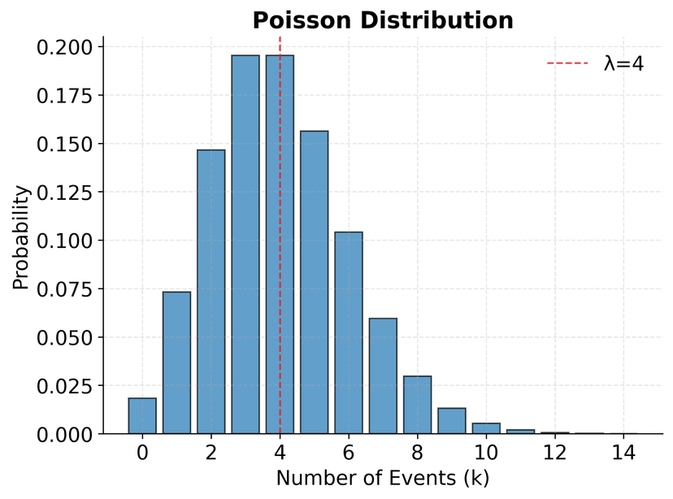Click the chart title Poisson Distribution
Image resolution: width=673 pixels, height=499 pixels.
[x=382, y=20]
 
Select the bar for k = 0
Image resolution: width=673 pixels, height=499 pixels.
[x=142, y=416]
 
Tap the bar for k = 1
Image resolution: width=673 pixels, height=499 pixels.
[x=176, y=363]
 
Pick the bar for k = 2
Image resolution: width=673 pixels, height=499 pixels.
[x=211, y=293]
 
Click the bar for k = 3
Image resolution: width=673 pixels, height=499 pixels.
[x=245, y=245]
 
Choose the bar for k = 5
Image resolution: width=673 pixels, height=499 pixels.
[x=314, y=283]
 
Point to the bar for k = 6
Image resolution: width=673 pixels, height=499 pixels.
[x=349, y=333]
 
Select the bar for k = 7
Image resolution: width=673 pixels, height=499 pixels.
[x=383, y=376]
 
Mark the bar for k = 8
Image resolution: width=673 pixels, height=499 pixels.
[x=417, y=406]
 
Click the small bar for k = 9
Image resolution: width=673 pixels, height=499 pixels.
[x=452, y=422]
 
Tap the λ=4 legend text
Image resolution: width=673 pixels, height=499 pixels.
[x=623, y=63]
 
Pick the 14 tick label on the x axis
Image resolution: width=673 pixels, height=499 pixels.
[x=623, y=453]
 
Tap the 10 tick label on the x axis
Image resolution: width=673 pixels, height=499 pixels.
[x=486, y=453]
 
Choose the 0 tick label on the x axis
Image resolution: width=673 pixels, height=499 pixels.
[x=142, y=453]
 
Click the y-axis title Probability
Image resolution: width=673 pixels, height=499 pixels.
[x=21, y=237]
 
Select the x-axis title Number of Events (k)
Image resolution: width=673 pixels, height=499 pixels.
[x=382, y=479]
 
